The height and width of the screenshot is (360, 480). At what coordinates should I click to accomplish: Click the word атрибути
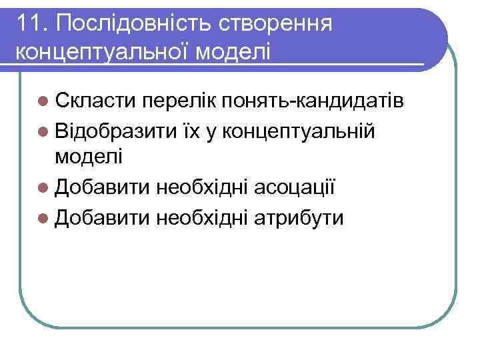coord(299,217)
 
